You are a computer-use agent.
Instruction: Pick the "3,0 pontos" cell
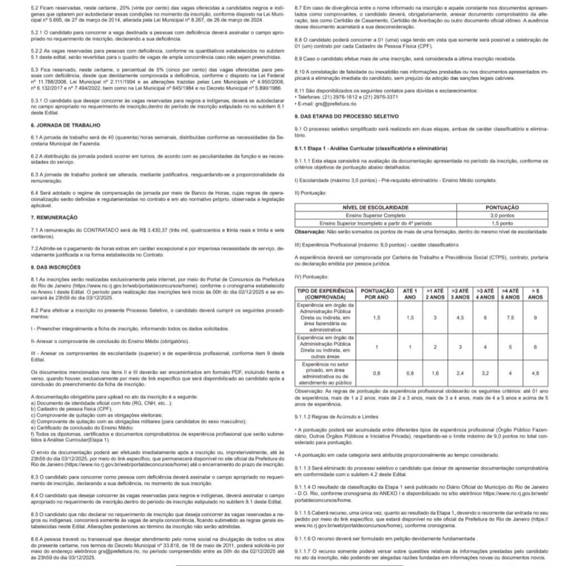[x=502, y=214]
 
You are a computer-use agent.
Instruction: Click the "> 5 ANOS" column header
[x=535, y=294]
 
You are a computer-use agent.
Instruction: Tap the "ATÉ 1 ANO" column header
[x=410, y=294]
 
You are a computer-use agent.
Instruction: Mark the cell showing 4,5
[x=460, y=317]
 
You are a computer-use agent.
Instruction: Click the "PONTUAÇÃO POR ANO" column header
[x=377, y=294]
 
